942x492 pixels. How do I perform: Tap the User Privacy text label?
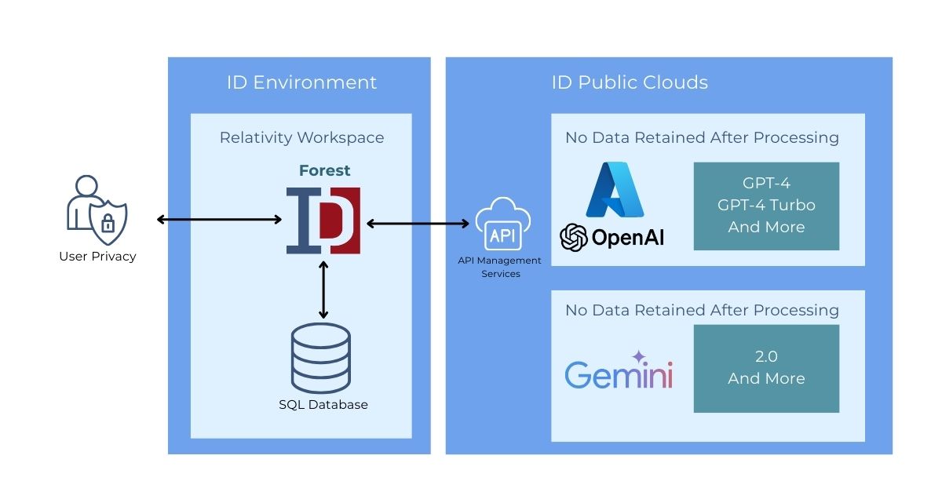point(97,256)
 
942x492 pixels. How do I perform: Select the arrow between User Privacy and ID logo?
point(220,220)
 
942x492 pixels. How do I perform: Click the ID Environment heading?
point(301,82)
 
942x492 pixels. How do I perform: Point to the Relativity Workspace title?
point(301,137)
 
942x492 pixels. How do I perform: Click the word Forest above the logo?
point(324,170)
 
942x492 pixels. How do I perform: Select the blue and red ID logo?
point(323,220)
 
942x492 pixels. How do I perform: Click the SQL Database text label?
point(323,405)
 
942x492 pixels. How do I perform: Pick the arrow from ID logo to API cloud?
point(418,224)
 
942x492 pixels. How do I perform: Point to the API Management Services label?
point(500,267)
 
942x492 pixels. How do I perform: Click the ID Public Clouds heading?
point(630,82)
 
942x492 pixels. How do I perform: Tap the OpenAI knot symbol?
point(574,238)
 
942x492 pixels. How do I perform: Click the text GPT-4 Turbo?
point(766,205)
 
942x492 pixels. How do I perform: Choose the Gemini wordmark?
point(619,375)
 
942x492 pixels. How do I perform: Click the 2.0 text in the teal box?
point(766,356)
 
